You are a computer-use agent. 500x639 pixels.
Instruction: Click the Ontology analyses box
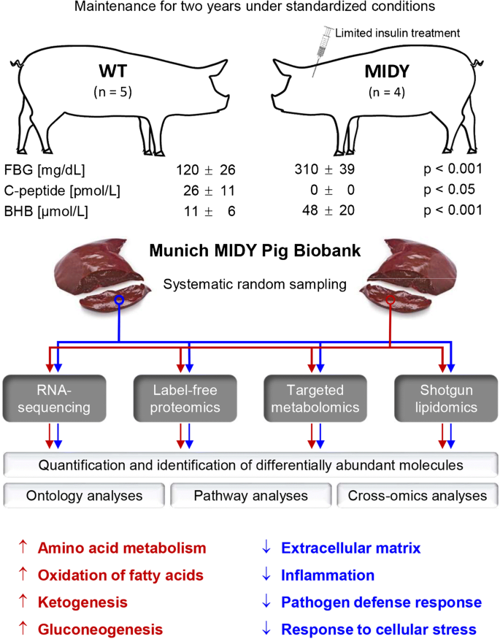tap(85, 496)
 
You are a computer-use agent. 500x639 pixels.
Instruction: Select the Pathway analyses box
tap(250, 496)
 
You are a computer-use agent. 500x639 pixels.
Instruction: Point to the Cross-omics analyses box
tap(416, 496)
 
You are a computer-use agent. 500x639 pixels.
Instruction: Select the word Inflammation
tap(328, 575)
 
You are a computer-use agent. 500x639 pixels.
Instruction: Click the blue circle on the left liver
tap(118, 300)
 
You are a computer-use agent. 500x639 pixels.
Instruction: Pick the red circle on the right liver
tap(391, 300)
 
